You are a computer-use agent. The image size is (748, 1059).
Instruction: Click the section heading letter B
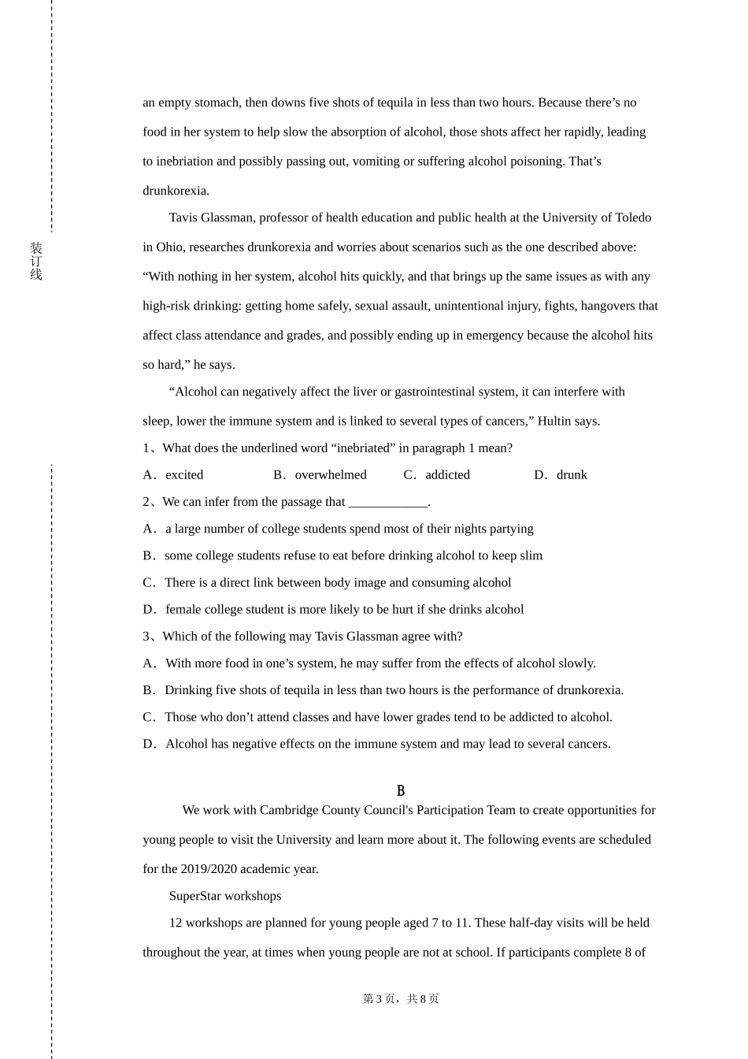(401, 790)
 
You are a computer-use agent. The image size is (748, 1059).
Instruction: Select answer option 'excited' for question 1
(184, 474)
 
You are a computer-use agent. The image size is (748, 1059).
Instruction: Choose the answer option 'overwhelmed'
(331, 474)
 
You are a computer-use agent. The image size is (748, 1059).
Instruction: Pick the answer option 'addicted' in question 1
(447, 474)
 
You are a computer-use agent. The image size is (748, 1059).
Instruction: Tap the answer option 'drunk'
(572, 474)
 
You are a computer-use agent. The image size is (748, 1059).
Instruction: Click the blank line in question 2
(387, 502)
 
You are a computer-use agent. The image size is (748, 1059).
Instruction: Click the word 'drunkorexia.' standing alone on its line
(176, 191)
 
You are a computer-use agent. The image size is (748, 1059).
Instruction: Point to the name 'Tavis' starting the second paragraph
(183, 217)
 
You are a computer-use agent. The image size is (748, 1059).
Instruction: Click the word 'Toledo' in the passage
(630, 217)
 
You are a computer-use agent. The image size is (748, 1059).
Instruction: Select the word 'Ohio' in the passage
(169, 247)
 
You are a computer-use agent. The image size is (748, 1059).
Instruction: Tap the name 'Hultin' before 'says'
(554, 421)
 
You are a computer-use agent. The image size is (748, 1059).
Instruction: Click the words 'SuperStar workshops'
(225, 896)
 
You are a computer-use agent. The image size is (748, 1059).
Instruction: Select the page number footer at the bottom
(401, 998)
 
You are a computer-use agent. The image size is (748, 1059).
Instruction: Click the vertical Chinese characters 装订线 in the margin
(36, 261)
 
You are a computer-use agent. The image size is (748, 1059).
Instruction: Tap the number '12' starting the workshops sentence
(175, 923)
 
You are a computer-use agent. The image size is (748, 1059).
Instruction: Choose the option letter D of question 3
(149, 744)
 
